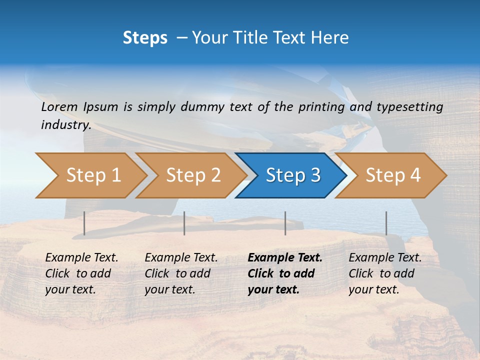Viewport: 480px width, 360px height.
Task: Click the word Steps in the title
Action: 145,38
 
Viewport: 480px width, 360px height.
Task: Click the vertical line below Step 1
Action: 84,223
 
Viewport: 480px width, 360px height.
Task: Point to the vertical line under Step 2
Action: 184,223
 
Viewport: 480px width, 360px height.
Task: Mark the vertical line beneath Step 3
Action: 285,223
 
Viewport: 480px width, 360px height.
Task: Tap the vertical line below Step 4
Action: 386,223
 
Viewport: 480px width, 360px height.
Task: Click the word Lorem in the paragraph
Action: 59,106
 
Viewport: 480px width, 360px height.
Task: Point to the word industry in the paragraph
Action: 66,124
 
